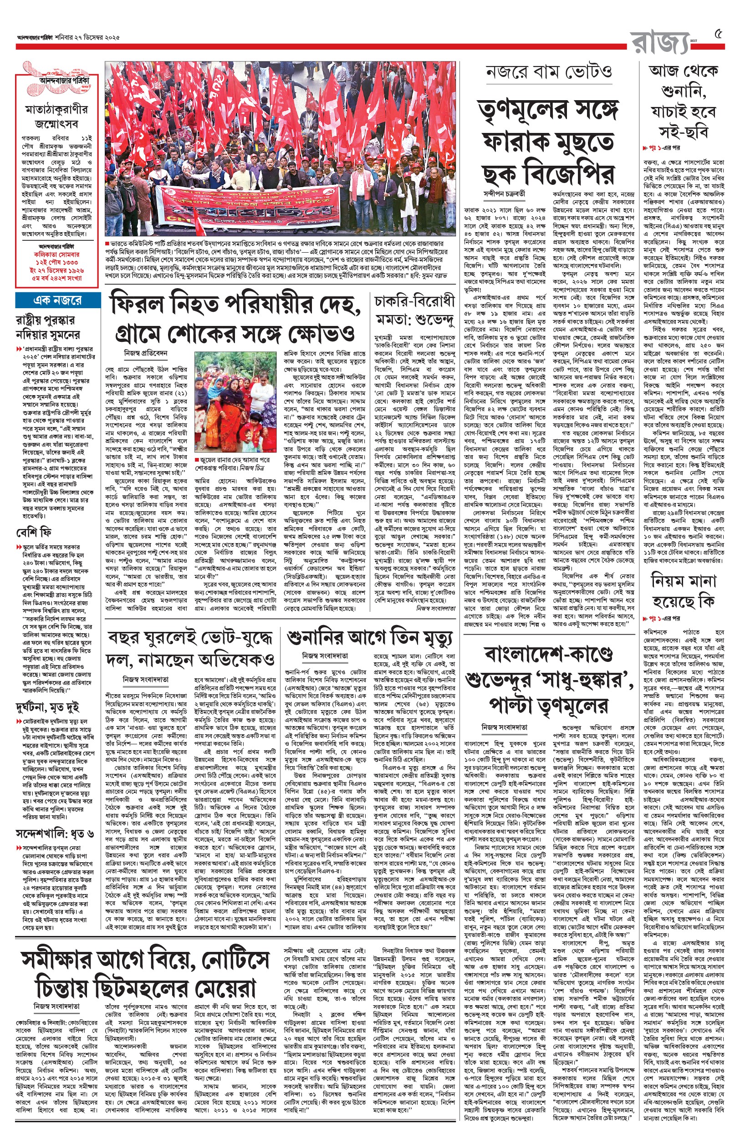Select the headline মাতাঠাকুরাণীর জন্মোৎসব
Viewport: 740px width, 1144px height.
click(57, 116)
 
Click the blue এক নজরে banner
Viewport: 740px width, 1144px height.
click(58, 300)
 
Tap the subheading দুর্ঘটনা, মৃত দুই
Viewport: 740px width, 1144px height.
click(47, 707)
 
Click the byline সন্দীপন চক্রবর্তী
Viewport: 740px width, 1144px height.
click(505, 194)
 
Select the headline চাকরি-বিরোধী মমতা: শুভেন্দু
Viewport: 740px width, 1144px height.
click(414, 309)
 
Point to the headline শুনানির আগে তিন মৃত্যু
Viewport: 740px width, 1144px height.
click(369, 637)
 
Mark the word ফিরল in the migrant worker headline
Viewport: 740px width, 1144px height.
click(139, 305)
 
